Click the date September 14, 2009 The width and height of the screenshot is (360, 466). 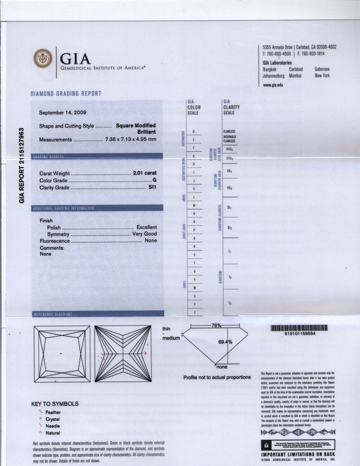click(63, 112)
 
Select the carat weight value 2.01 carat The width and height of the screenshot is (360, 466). click(145, 173)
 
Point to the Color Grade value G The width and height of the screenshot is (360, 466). click(154, 180)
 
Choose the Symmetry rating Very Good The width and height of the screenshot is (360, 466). click(145, 234)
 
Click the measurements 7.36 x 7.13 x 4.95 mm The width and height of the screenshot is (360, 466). click(130, 140)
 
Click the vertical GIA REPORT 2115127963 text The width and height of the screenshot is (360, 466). click(22, 165)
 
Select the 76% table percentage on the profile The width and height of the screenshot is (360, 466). click(216, 325)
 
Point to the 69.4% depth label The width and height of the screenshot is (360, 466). click(226, 342)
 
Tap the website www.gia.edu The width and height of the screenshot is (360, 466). click(273, 85)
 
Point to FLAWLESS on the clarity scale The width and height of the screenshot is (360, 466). click(229, 131)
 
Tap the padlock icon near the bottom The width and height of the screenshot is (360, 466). click(265, 444)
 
